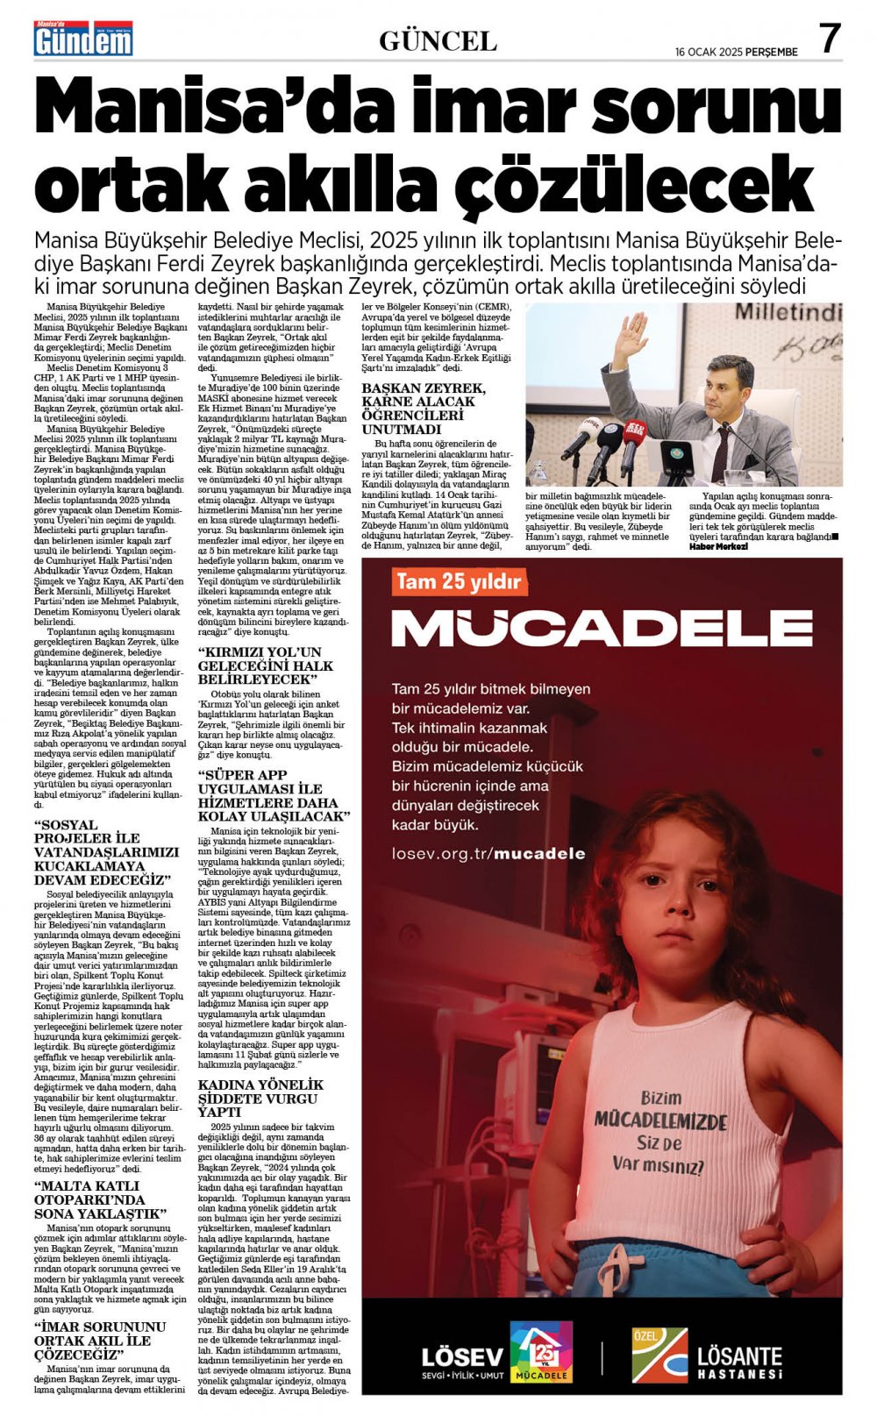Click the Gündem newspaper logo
pos(83,40)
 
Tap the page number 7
pos(829,39)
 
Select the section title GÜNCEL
pos(438,40)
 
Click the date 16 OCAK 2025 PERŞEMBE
pos(736,52)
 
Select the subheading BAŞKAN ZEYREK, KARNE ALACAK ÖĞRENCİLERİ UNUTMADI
pos(424,409)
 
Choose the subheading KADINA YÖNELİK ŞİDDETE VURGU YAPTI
pos(260,1098)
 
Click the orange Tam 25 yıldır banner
pos(459,581)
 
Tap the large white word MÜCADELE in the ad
pos(602,628)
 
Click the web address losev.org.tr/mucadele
pos(488,853)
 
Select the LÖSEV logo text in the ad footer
pos(462,1358)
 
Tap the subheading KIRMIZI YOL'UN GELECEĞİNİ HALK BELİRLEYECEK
pos(265,665)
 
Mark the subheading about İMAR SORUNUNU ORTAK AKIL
pos(99,1340)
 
